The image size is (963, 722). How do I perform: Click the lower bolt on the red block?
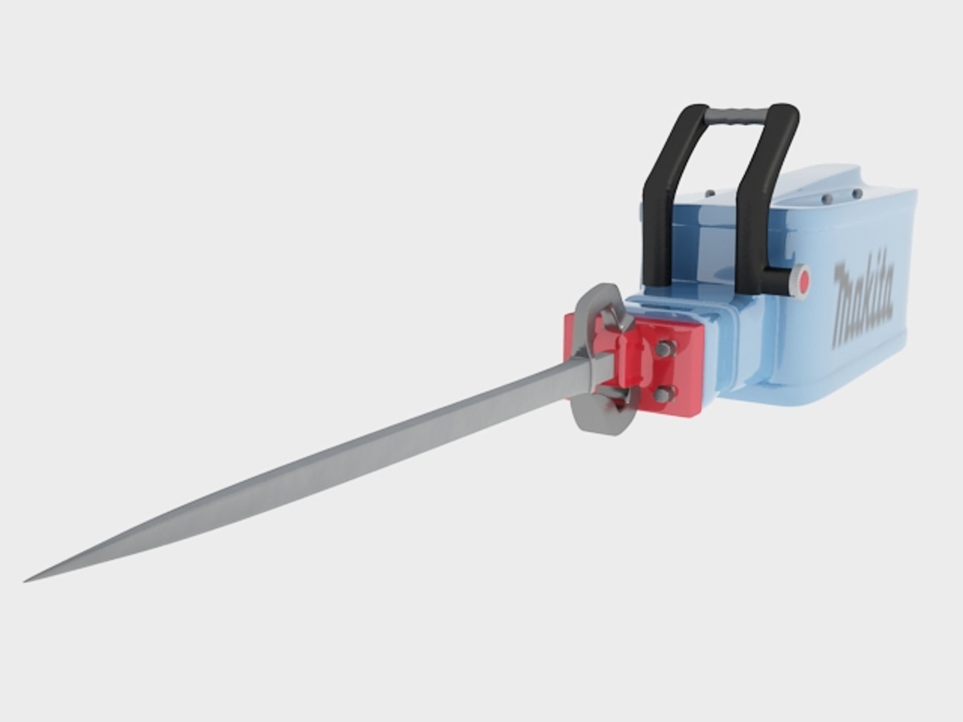point(662,394)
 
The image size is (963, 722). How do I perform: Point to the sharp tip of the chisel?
point(27,580)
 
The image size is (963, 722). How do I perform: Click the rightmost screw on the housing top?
point(857,194)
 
